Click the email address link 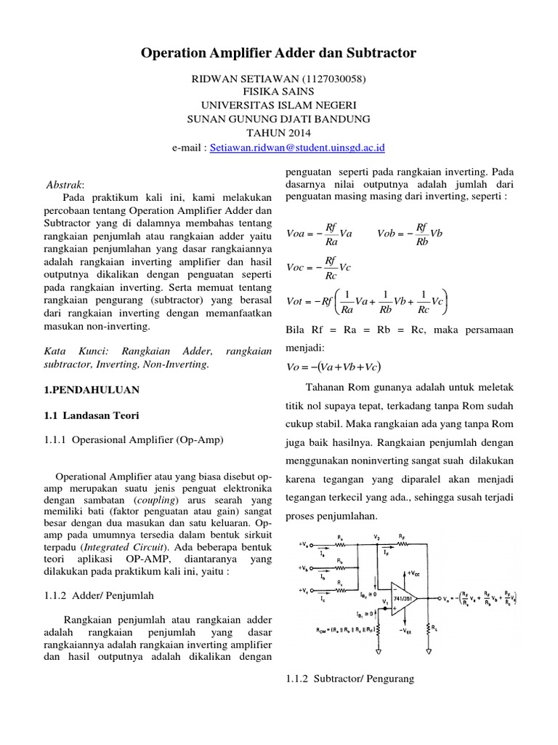pyautogui.click(x=297, y=147)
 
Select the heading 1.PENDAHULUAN pyautogui.click(x=86, y=390)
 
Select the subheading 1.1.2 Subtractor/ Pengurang pyautogui.click(x=346, y=679)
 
